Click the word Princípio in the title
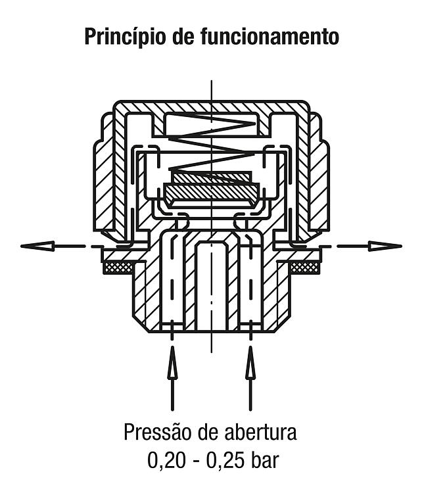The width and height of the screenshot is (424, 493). click(x=125, y=36)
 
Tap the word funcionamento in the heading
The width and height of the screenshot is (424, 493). click(x=270, y=36)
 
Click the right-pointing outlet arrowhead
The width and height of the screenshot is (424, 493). click(x=385, y=246)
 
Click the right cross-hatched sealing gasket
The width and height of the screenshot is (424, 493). click(x=304, y=268)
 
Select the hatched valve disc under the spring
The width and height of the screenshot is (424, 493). click(x=212, y=191)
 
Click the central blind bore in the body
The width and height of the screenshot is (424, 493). click(x=212, y=285)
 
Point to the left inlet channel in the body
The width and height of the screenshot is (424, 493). click(x=172, y=280)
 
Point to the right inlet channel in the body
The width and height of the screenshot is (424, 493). click(x=250, y=280)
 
